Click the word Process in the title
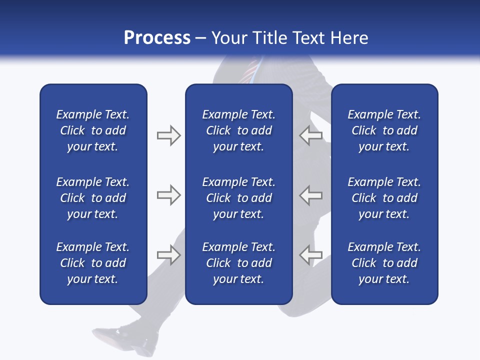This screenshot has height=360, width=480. [157, 38]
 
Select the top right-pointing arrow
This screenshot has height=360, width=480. [168, 135]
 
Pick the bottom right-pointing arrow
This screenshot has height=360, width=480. [168, 255]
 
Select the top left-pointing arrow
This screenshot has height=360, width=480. [310, 135]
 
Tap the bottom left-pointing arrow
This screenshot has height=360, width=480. [310, 255]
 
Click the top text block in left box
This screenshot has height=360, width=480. [93, 130]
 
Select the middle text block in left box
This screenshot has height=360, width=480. [93, 198]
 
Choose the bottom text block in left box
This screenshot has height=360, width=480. [93, 263]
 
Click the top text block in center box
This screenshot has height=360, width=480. [238, 130]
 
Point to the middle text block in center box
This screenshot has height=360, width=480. [238, 198]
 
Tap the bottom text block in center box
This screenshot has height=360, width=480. [238, 263]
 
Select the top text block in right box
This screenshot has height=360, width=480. [384, 130]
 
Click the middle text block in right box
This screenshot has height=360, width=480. [384, 198]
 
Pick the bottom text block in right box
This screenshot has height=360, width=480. [384, 263]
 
